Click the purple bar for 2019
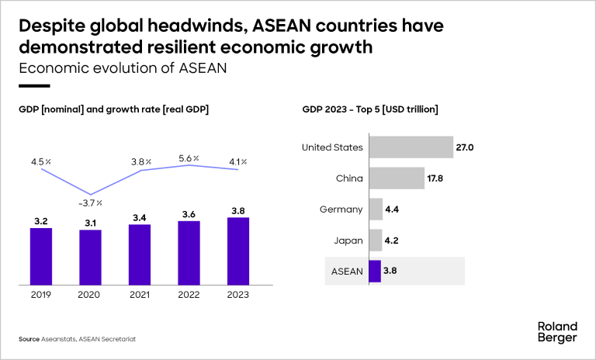41,255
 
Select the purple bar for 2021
140,254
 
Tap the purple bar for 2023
238,250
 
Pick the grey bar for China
396,178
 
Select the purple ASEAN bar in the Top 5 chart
375,272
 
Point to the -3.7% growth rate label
91,202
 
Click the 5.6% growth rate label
189,158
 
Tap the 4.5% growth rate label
41,162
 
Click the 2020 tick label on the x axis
90,295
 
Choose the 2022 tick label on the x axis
189,295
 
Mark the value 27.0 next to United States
465,147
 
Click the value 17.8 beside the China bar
435,178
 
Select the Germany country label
341,209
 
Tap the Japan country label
348,241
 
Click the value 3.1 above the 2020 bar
90,223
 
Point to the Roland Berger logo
556,331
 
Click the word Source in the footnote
29,339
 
